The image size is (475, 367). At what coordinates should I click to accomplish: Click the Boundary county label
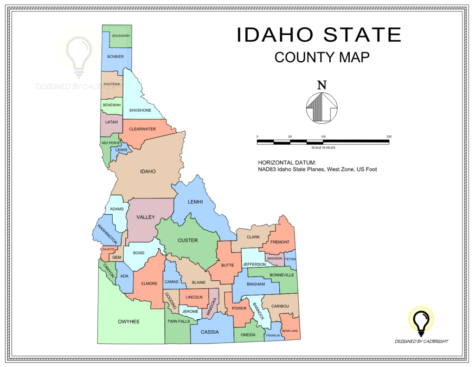pos(121,36)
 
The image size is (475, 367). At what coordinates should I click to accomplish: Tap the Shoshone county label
pos(140,110)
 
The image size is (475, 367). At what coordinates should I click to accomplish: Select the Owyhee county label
pos(128,322)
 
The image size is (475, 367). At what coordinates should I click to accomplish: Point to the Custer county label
pos(187,240)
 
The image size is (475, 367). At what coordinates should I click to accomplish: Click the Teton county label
pos(290,259)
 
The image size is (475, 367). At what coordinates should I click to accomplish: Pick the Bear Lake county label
pos(290,331)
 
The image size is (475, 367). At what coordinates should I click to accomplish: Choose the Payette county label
pos(108,250)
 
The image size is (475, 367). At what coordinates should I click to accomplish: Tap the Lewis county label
pos(121,150)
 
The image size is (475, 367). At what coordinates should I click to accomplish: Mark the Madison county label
pos(275,258)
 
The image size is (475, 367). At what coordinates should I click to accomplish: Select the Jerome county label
pos(190,311)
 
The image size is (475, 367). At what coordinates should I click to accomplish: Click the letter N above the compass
pos(321,85)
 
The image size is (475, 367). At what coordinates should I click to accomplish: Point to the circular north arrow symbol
pos(321,108)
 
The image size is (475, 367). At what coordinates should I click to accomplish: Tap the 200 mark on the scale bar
pos(389,136)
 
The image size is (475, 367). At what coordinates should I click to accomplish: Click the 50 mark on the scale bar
pos(290,136)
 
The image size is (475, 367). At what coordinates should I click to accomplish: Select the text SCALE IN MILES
pos(323,148)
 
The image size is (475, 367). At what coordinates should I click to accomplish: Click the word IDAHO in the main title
pos(276,35)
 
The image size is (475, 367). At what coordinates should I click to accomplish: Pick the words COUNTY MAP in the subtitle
pos(322,57)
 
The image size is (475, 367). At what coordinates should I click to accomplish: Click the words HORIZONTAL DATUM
pos(287,163)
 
